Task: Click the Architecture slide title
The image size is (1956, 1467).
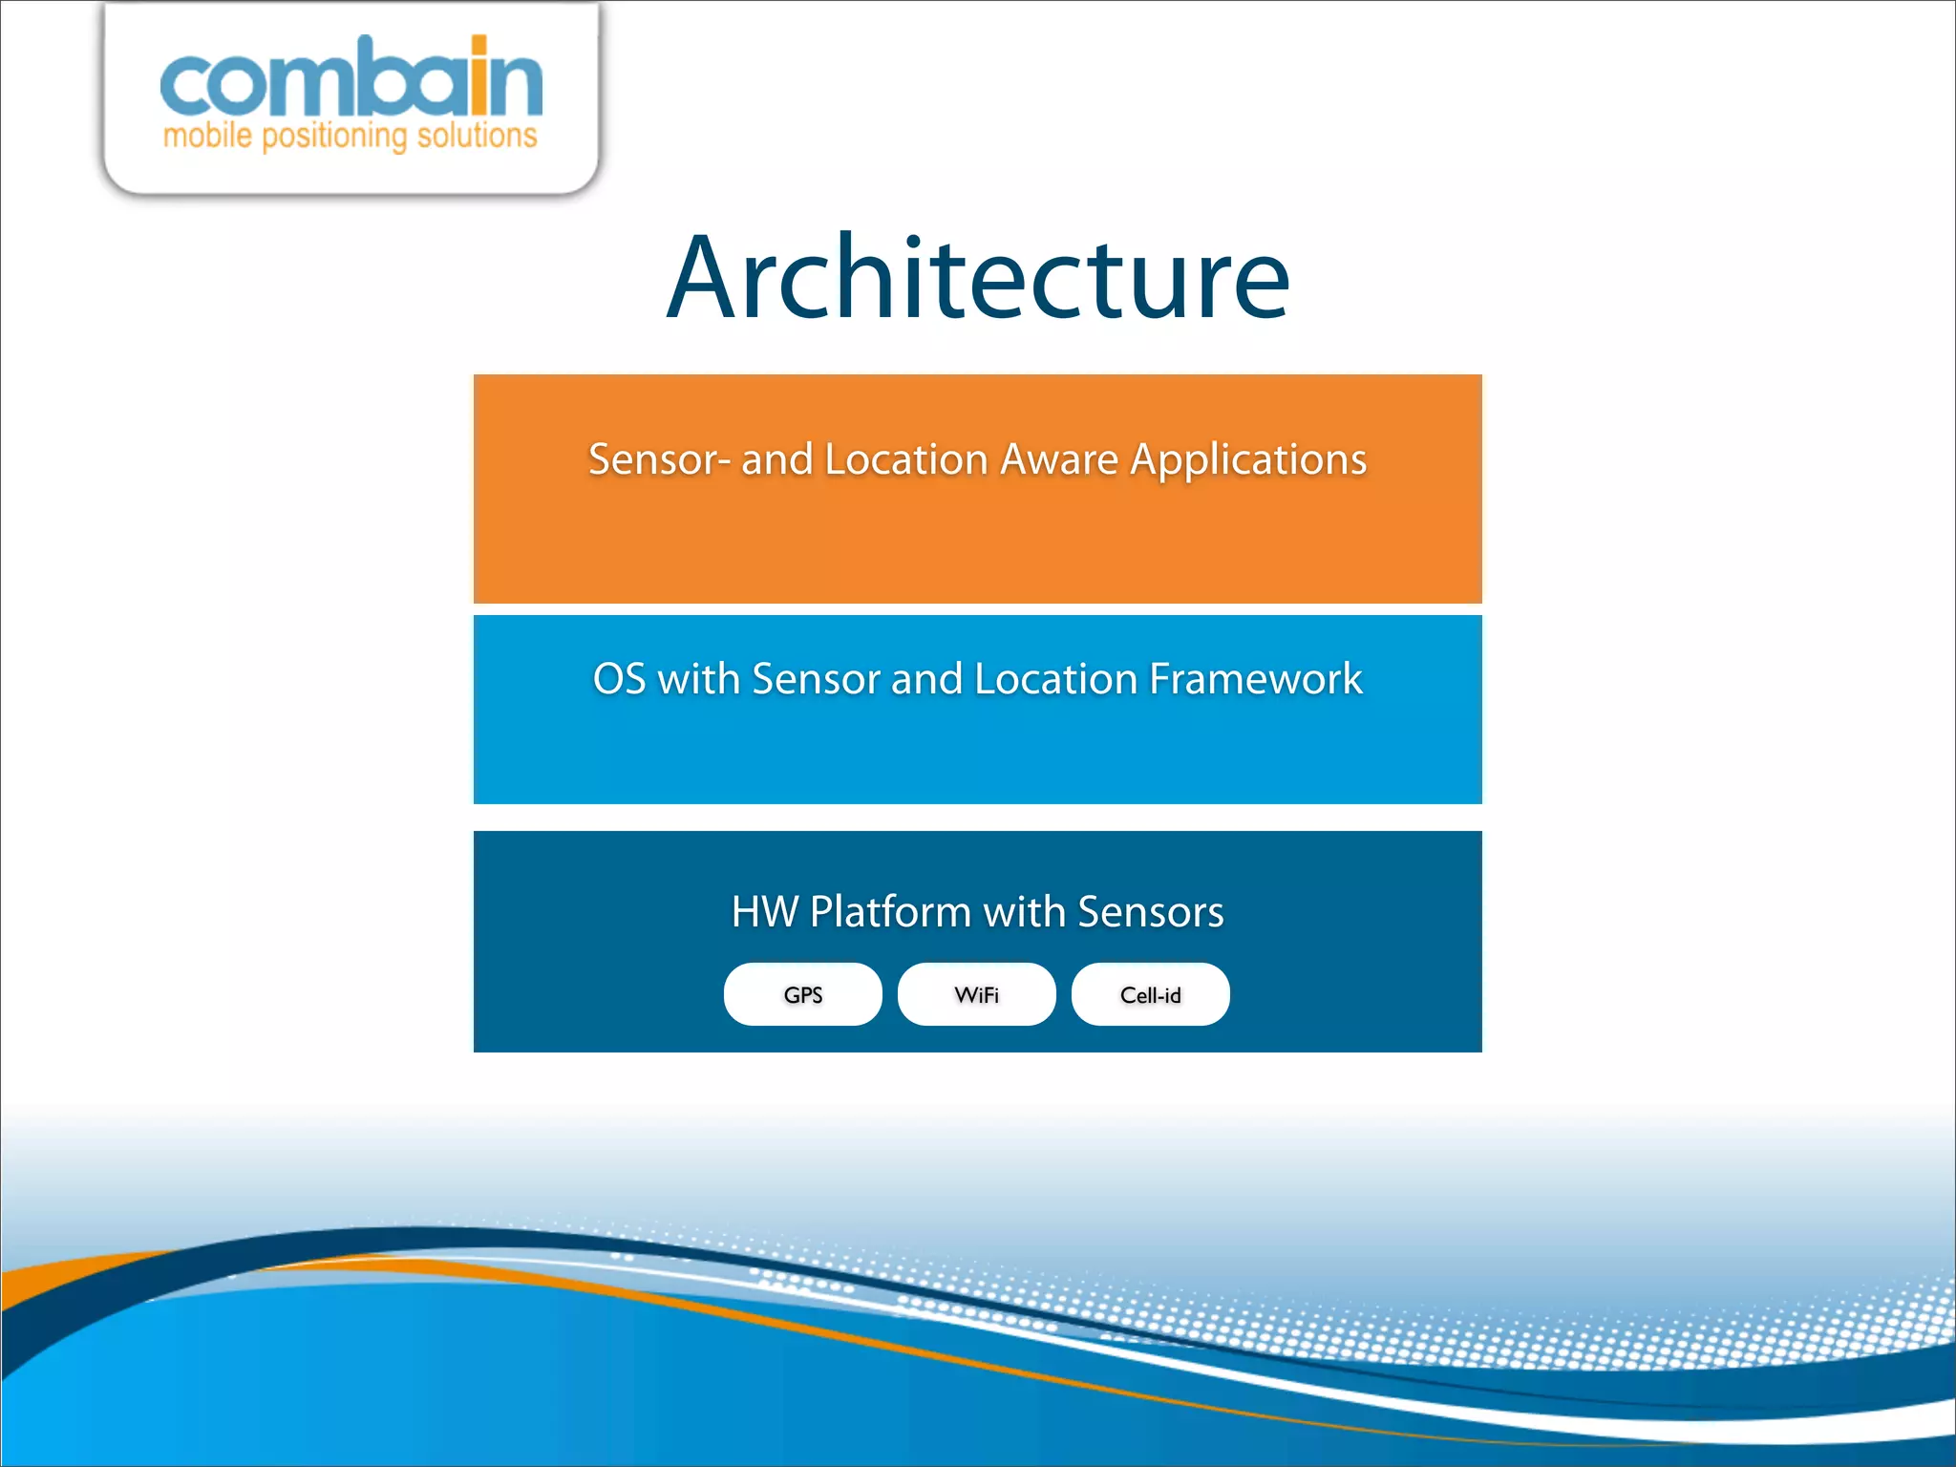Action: (978, 279)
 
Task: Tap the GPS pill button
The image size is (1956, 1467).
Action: (802, 994)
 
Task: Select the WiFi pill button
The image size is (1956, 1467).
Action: (976, 994)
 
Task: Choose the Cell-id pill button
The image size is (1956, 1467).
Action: (1150, 994)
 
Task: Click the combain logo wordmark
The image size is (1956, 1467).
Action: (351, 81)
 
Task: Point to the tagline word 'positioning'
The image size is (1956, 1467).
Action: (334, 137)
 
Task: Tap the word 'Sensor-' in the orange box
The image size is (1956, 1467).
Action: (659, 459)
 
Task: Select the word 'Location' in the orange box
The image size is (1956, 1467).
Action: (905, 459)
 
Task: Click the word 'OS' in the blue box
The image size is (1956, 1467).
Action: (619, 679)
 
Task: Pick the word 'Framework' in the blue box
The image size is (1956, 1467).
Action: (1255, 679)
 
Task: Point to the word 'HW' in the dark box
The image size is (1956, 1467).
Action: (764, 911)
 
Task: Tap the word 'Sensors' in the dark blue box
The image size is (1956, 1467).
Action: (1150, 911)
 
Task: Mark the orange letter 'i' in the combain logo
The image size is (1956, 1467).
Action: (479, 78)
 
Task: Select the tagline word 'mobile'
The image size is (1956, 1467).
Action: (207, 136)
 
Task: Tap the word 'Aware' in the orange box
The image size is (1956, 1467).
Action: (1059, 459)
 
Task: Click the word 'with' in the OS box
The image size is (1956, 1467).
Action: (698, 679)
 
